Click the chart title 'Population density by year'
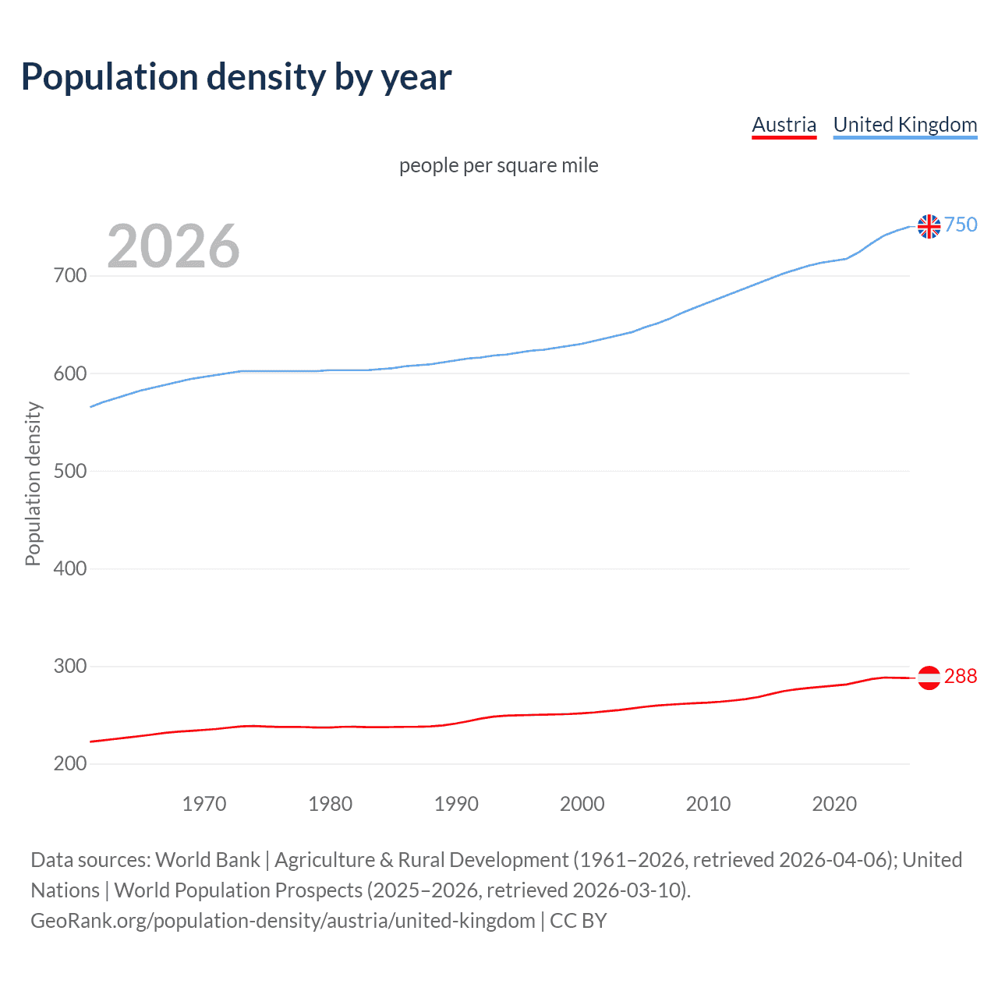236,77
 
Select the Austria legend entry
784,125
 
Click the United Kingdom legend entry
904,125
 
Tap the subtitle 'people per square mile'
498,166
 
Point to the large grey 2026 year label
173,246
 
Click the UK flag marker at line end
929,226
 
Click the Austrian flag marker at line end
929,678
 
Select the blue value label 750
961,225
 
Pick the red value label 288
961,677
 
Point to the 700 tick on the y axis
70,276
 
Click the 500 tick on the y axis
70,472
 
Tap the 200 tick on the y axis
70,764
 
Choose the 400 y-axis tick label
70,569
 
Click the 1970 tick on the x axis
204,804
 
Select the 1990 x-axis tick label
456,804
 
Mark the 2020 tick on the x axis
834,804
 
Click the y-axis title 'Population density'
33,483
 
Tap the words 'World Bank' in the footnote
207,860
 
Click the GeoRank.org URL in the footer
282,921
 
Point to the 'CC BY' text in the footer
579,921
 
